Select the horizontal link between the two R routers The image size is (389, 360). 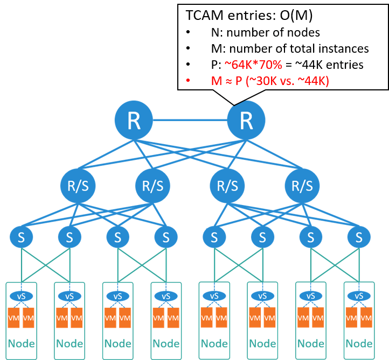pos(190,119)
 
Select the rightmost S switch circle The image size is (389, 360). pos(358,237)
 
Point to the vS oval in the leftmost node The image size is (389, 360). pos(22,296)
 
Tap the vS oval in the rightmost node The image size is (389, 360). pos(358,296)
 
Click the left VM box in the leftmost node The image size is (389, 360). pos(14,318)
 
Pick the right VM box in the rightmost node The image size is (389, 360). pos(366,318)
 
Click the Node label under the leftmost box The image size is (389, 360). pos(22,343)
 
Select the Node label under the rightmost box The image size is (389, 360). pos(358,343)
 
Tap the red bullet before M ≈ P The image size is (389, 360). pos(189,81)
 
